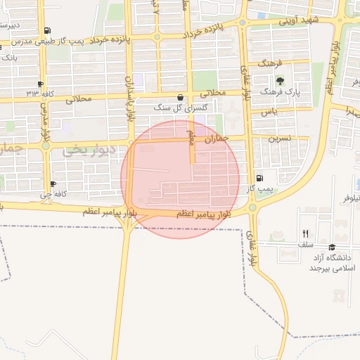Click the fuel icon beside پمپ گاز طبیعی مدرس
tap(46, 30)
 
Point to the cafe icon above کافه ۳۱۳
tap(41, 84)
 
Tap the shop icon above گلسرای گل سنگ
tap(181, 98)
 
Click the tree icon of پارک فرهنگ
tap(280, 80)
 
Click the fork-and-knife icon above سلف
tap(305, 233)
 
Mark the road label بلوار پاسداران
tap(129, 98)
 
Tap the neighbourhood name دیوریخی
tap(83, 150)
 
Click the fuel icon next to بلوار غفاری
tap(259, 178)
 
